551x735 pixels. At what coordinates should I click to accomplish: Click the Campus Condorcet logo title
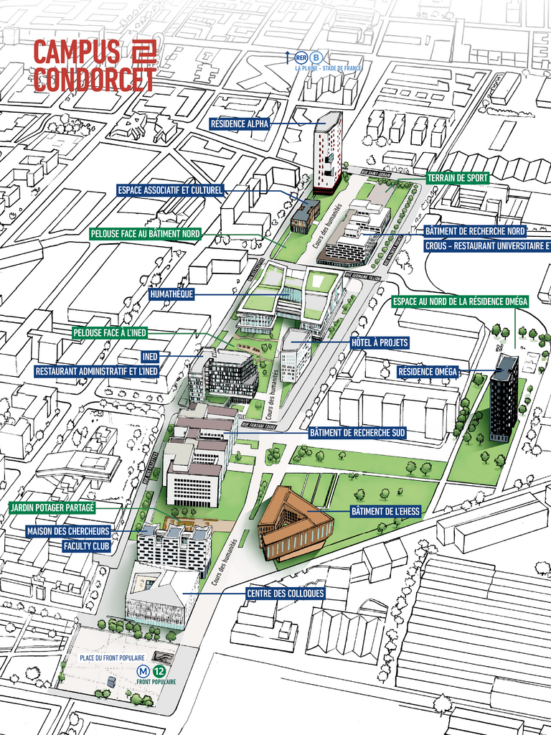coord(95,66)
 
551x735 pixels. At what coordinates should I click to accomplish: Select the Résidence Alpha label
coord(240,123)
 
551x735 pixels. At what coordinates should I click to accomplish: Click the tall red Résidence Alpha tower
coord(327,152)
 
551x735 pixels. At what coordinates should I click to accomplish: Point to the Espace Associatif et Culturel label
coord(171,190)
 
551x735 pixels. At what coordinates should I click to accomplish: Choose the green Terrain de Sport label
coord(458,178)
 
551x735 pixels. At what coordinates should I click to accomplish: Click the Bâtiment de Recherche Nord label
coord(475,231)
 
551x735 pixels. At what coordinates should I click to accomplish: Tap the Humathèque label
coord(171,294)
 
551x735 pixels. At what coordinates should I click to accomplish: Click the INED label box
coord(150,356)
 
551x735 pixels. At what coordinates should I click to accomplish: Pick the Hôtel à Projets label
coord(380,343)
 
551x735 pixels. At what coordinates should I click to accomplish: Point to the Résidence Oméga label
coord(428,372)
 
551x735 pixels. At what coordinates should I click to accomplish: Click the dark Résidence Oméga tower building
coord(504,398)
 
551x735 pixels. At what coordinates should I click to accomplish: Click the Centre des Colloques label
coord(285,594)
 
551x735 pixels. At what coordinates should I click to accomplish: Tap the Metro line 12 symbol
coord(159,671)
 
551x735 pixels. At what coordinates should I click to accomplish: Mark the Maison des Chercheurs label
coord(69,531)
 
